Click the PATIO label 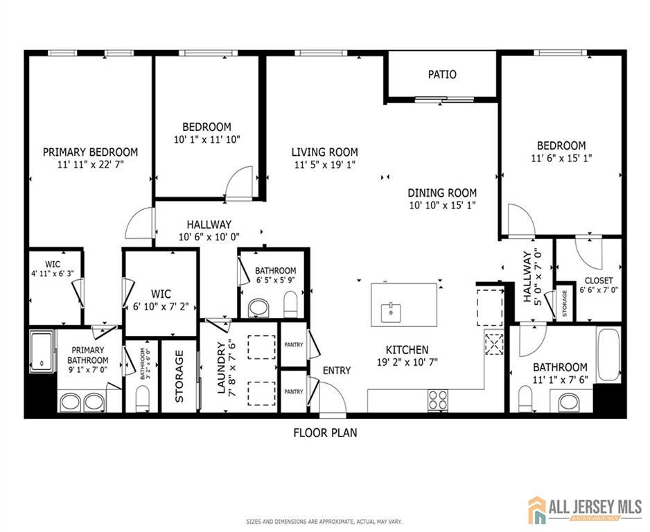click(x=442, y=75)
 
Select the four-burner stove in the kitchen click(x=438, y=400)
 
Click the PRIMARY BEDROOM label click(x=90, y=152)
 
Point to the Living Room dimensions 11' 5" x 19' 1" click(x=324, y=165)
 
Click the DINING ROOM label click(x=442, y=193)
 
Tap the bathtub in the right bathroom click(x=608, y=354)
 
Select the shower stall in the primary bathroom click(x=42, y=351)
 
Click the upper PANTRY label click(x=294, y=345)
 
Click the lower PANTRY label click(x=294, y=391)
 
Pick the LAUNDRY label click(x=221, y=368)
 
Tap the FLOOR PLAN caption click(x=325, y=433)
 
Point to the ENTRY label click(x=337, y=371)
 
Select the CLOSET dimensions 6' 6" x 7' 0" click(x=599, y=290)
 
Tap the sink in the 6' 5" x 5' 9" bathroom click(x=258, y=308)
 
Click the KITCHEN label click(x=407, y=350)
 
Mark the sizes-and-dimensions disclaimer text click(x=324, y=522)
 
